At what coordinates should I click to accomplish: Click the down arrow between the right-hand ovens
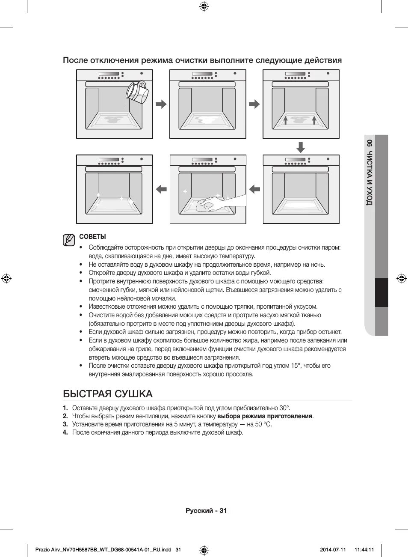[x=301, y=148]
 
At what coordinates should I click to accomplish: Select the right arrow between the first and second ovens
[x=161, y=104]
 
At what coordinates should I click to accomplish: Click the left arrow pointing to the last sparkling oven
[x=161, y=189]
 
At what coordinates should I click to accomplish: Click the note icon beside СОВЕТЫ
[x=68, y=240]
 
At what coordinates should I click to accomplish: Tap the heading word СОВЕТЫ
[x=92, y=237]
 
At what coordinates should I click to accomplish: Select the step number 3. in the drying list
[x=65, y=424]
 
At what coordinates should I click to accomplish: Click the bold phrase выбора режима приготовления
[x=265, y=416]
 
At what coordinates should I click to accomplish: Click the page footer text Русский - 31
[x=206, y=510]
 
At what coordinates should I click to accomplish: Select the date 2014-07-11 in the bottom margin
[x=333, y=550]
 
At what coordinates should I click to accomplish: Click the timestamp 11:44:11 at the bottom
[x=364, y=550]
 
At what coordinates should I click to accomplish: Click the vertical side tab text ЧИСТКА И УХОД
[x=370, y=178]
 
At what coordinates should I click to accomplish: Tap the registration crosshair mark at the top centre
[x=204, y=6]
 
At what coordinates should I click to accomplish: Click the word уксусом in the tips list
[x=306, y=307]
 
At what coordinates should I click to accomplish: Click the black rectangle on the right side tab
[x=381, y=292]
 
